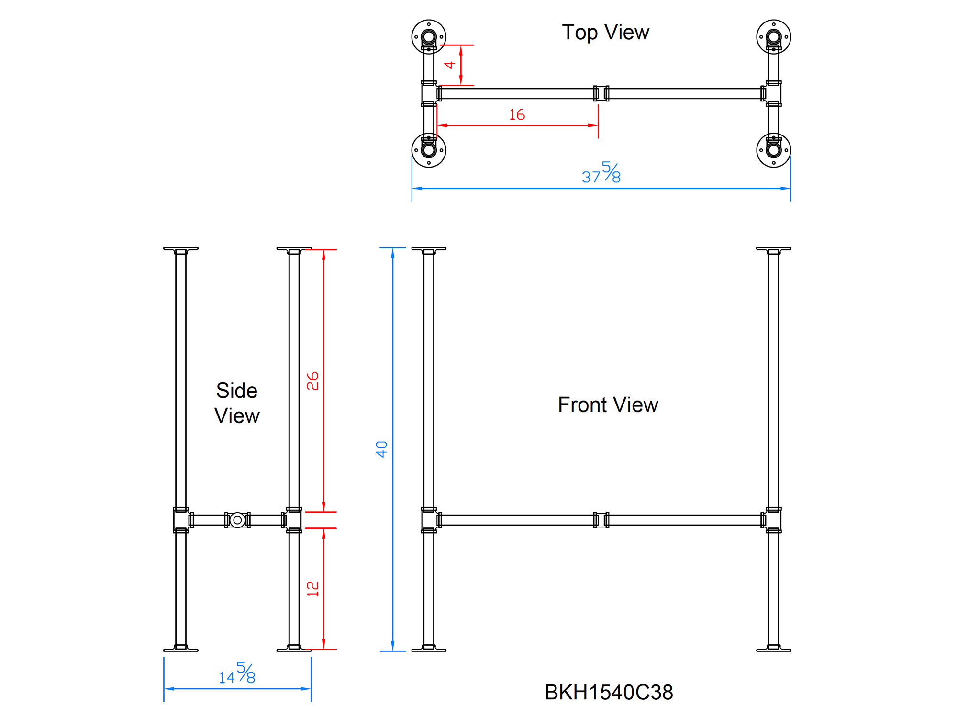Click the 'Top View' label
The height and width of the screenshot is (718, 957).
coord(605,33)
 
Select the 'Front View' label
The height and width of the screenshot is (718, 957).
coord(608,405)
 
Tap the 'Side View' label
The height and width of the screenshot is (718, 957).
coord(237,403)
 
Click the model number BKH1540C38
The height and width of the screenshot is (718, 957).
coord(609,692)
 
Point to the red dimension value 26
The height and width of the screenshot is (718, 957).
coord(312,381)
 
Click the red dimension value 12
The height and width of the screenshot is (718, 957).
coord(312,588)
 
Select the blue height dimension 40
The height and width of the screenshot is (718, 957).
coord(381,449)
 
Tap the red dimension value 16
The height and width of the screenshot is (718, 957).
coord(517,115)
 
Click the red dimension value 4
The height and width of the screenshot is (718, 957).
coord(449,65)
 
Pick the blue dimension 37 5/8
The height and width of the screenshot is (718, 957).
coord(601,173)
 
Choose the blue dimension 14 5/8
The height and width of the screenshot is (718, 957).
coord(237,673)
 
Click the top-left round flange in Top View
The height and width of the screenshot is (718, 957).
coord(429,37)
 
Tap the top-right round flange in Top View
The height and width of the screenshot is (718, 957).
coord(773,37)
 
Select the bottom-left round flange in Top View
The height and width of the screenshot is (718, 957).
coord(429,150)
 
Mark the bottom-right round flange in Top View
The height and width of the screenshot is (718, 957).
coord(773,150)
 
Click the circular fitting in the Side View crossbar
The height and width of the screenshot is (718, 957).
coord(237,520)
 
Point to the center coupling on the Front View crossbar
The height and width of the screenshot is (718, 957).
coord(601,520)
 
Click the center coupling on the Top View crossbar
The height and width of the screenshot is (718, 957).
coord(601,93)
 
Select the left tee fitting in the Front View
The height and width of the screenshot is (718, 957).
coord(429,520)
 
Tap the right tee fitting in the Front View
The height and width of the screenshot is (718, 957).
coord(773,520)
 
